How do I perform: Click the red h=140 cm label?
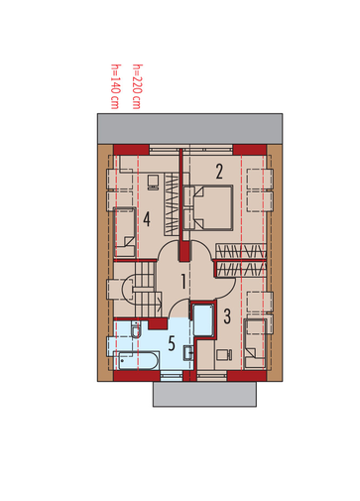[x=115, y=86]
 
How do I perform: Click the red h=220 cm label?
[x=137, y=86]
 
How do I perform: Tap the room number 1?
[x=182, y=281]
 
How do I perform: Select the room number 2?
[x=219, y=172]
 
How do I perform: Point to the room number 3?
[x=227, y=315]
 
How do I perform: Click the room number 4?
[x=147, y=219]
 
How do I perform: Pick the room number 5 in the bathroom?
[x=172, y=343]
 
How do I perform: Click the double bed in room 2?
[x=208, y=207]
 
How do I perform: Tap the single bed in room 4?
[x=125, y=232]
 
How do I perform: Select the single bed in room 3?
[x=255, y=343]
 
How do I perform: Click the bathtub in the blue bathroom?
[x=137, y=360]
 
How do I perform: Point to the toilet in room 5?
[x=136, y=329]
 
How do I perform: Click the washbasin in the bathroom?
[x=188, y=352]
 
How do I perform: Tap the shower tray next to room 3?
[x=203, y=320]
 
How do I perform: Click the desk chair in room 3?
[x=224, y=354]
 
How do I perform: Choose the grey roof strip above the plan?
[x=189, y=129]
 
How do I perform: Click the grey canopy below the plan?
[x=204, y=394]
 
